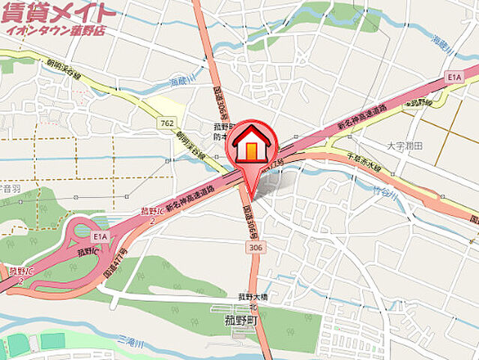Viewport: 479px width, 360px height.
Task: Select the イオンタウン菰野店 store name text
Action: [55, 31]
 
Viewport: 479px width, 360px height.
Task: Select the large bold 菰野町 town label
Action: [241, 319]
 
